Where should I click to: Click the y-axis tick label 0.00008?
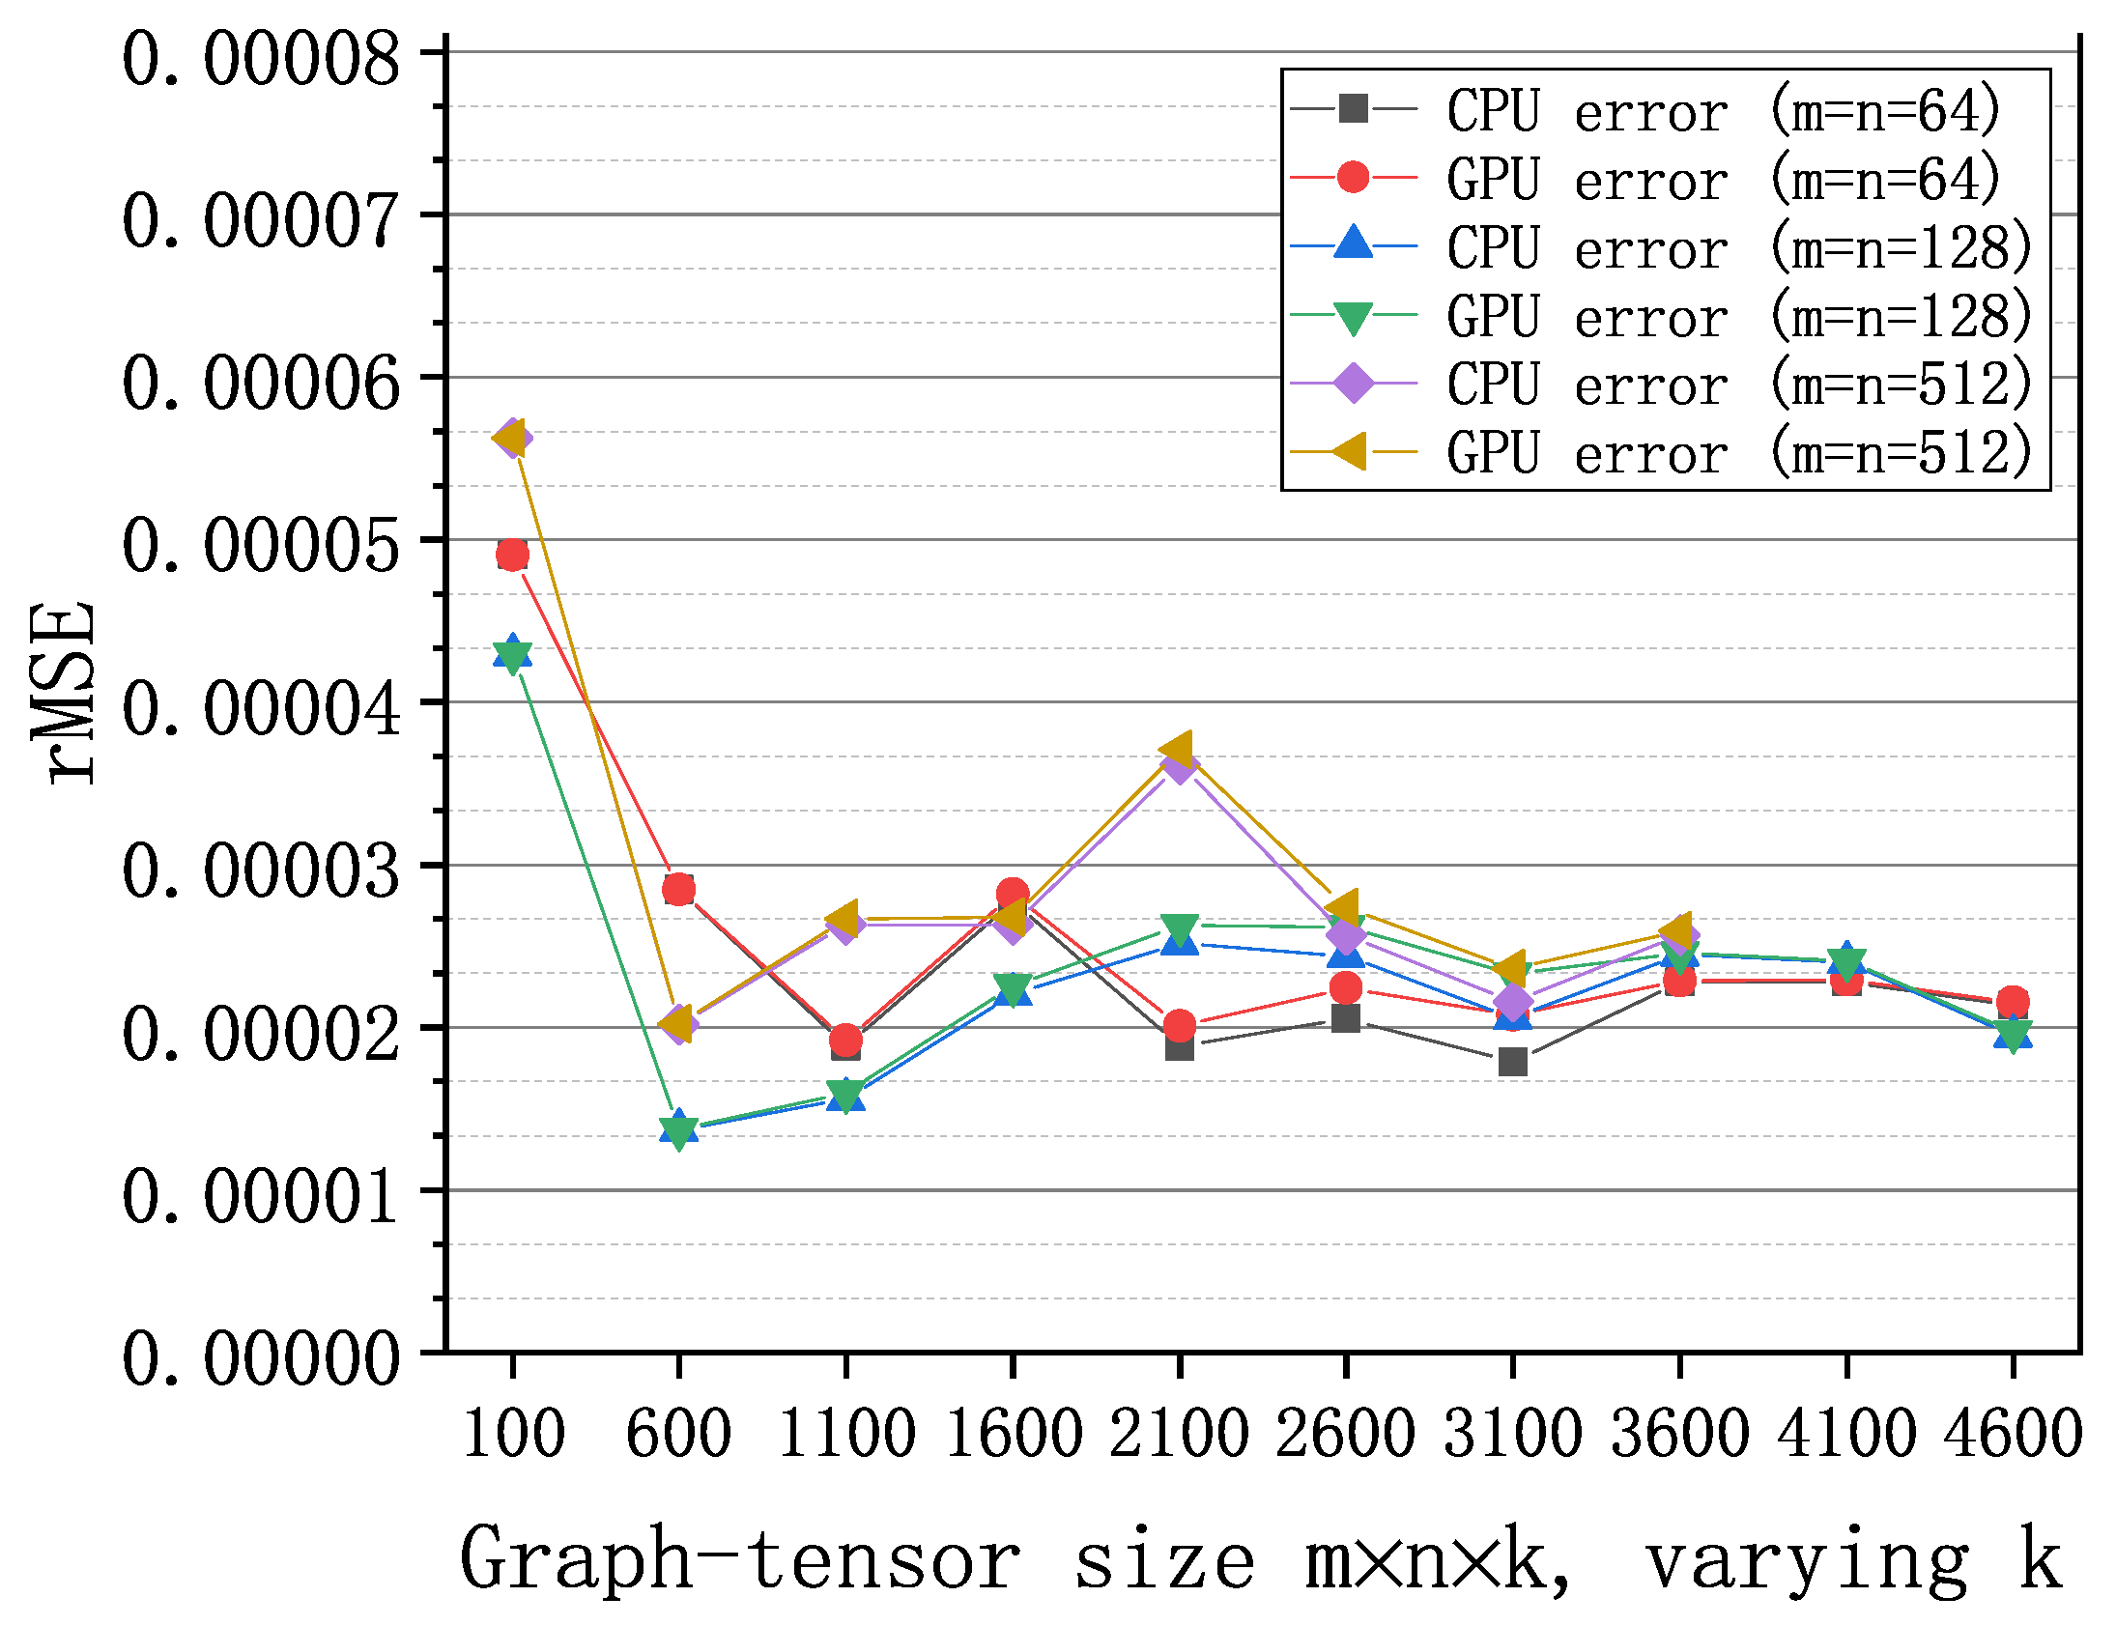[259, 60]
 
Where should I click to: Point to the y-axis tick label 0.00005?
[259, 546]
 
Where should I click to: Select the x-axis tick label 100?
[513, 1436]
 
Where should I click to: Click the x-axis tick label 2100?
[1179, 1436]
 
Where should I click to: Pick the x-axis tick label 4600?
[2013, 1436]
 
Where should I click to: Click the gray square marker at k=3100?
[1513, 1063]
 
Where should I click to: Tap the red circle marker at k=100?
[512, 556]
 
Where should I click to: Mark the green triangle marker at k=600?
[678, 1132]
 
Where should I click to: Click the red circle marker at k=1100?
[846, 1041]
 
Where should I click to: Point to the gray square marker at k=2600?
[1346, 1019]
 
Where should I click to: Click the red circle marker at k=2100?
[1179, 1026]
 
